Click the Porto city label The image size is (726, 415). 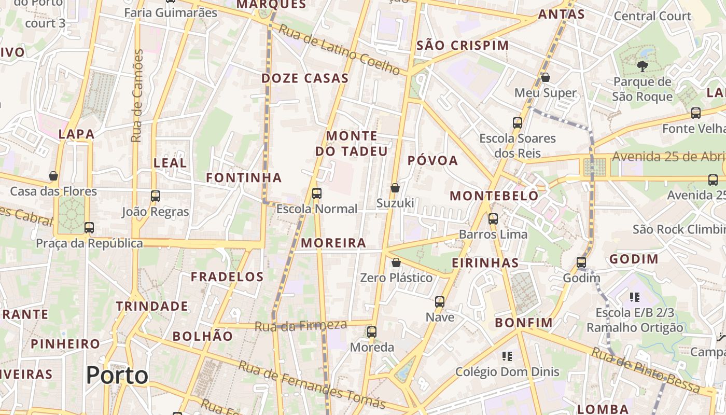[117, 375]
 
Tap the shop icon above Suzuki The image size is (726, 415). [395, 187]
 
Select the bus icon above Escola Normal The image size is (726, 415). [316, 193]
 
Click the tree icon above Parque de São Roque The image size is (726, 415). [642, 66]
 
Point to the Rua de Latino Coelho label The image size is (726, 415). [340, 49]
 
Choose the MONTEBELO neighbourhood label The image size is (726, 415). [494, 196]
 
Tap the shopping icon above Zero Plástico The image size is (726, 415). [396, 262]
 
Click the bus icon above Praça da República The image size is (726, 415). [89, 227]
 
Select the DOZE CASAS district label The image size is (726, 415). [305, 78]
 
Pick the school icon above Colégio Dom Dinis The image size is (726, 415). [507, 356]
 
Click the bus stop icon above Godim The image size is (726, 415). [581, 262]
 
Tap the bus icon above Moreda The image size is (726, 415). [371, 332]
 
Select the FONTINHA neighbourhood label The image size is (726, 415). [244, 178]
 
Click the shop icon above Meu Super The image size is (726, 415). [545, 77]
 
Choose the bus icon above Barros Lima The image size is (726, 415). [493, 219]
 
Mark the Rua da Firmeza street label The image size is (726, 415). [300, 326]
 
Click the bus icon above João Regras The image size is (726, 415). [155, 196]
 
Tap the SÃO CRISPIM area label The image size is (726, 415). [463, 46]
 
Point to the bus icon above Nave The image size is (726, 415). [440, 301]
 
